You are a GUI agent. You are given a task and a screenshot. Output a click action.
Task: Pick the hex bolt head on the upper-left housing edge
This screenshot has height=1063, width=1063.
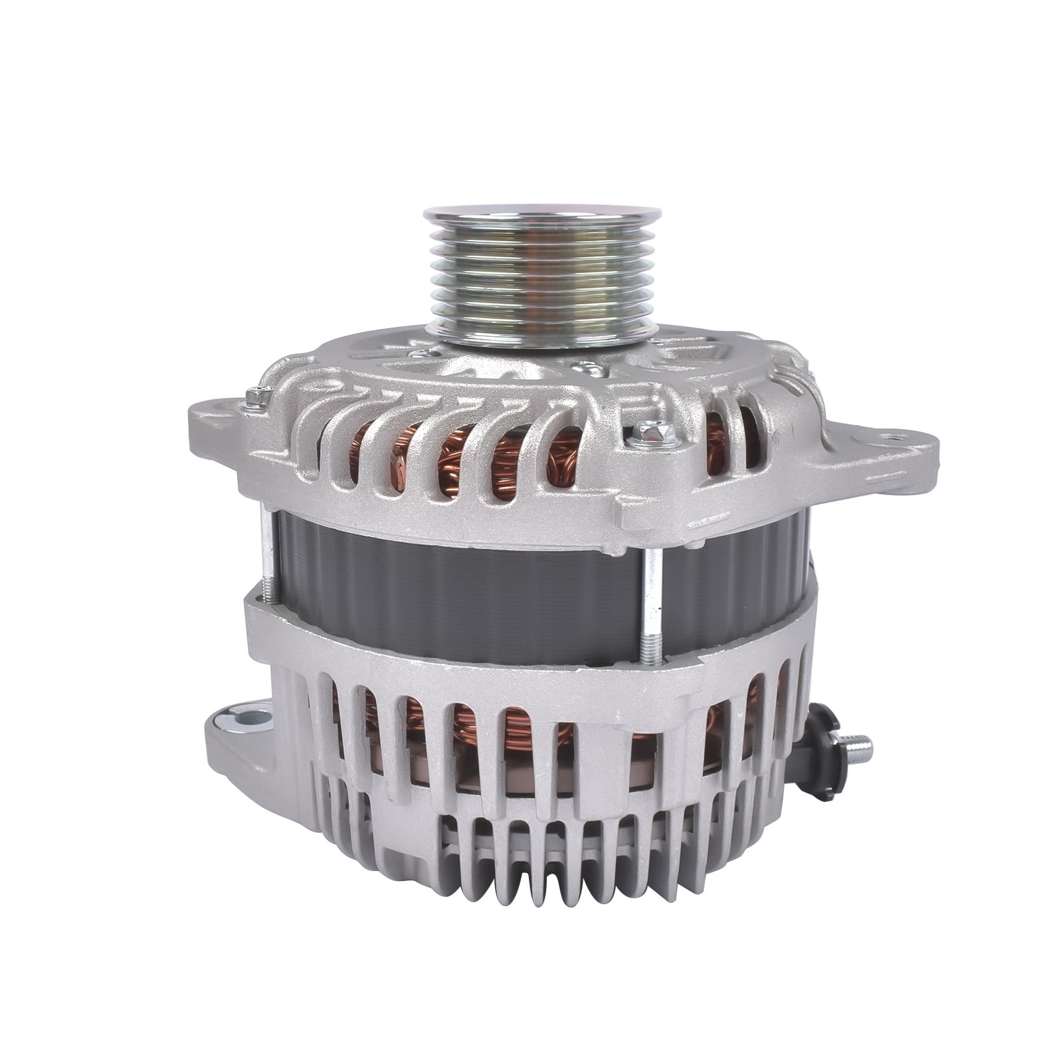(x=254, y=397)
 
